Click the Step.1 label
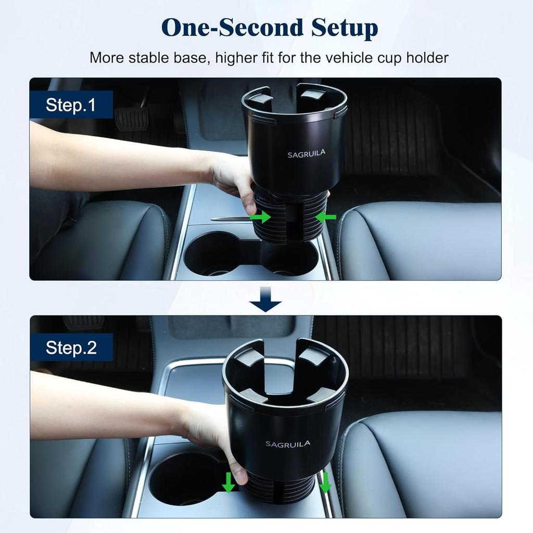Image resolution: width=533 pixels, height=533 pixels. coord(71,105)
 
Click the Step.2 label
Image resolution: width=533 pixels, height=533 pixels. coord(71,348)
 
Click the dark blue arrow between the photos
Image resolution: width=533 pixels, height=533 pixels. coord(265,300)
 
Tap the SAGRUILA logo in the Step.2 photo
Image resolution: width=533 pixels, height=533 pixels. coord(288,444)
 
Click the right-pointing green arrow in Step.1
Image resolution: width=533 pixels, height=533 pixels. coord(260,217)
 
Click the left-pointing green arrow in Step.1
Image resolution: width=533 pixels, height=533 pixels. coord(326,217)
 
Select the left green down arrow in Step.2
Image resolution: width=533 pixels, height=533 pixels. coord(229,483)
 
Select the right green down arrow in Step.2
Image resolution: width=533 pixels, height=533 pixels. coord(325,483)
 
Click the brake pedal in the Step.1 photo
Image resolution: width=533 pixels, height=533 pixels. coord(131,119)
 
